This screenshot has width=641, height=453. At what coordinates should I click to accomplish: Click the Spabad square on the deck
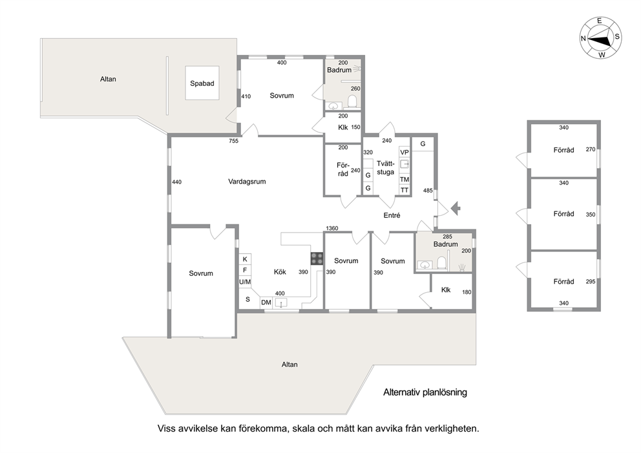click(x=202, y=83)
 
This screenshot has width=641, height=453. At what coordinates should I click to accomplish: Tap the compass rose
click(x=600, y=38)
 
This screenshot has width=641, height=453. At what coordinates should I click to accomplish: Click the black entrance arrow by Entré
click(x=456, y=209)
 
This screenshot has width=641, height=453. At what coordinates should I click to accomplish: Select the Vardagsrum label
click(x=247, y=182)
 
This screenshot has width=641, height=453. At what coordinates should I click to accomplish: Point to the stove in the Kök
click(x=317, y=258)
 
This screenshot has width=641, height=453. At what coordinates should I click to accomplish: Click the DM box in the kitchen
click(x=266, y=302)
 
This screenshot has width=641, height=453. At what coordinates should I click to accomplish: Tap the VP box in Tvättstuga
click(x=405, y=153)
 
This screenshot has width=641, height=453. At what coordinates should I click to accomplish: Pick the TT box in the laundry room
click(x=405, y=190)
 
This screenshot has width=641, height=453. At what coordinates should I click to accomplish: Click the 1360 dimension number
click(x=332, y=228)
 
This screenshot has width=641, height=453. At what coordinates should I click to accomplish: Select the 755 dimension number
click(x=233, y=141)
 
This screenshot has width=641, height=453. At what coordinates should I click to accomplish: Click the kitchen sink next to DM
click(x=281, y=302)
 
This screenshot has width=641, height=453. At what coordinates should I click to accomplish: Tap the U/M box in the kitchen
click(x=245, y=282)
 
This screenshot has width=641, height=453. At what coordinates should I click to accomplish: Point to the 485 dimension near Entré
click(x=428, y=191)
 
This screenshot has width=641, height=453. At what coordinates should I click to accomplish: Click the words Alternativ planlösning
click(x=425, y=392)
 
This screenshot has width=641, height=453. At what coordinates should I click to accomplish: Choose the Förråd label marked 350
click(x=563, y=214)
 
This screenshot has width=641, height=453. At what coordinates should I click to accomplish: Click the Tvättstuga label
click(x=386, y=167)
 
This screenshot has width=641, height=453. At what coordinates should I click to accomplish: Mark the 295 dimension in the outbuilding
click(x=591, y=281)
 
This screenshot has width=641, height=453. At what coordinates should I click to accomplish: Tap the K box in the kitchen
click(x=245, y=259)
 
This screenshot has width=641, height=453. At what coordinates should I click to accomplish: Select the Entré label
click(x=392, y=215)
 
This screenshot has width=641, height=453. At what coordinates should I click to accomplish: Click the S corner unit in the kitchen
click(x=247, y=299)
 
